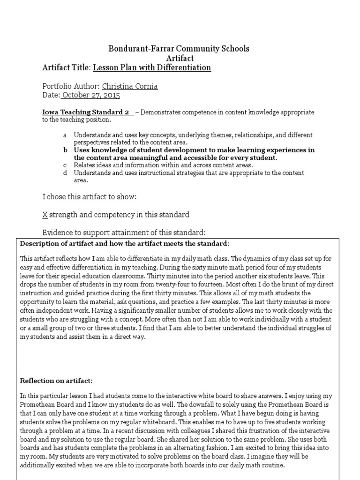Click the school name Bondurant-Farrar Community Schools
(x=180, y=49)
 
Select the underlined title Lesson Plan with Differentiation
(x=152, y=68)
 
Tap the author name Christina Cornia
(x=130, y=86)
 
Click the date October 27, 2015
(x=91, y=95)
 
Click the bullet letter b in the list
(x=65, y=150)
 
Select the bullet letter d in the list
(x=65, y=173)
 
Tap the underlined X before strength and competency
(x=45, y=215)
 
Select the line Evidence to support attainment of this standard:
(x=124, y=233)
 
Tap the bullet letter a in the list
(x=65, y=135)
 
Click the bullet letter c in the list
(x=65, y=165)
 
